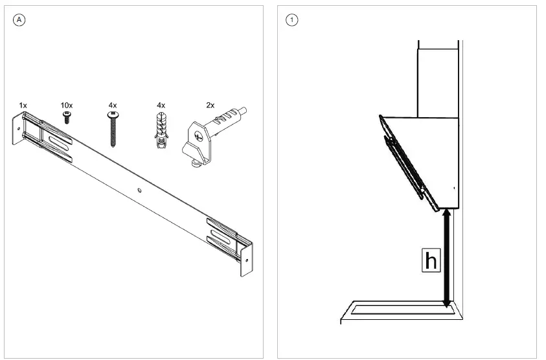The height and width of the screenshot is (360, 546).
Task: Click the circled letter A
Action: tap(19, 19)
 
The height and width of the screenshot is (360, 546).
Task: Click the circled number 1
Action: tap(292, 19)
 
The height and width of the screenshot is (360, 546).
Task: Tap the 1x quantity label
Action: tap(23, 104)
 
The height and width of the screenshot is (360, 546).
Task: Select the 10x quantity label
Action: tap(67, 104)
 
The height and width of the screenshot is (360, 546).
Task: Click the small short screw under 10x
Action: tap(66, 117)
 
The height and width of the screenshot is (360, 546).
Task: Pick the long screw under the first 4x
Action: tap(114, 129)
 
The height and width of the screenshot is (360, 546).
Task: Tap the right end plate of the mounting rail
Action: tap(246, 259)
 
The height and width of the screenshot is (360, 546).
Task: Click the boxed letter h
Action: tap(430, 260)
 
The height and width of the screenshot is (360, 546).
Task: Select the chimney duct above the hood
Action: tap(438, 78)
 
